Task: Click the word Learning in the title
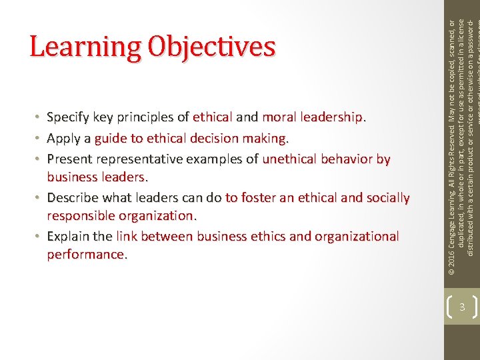[x=85, y=47]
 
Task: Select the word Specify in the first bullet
[x=68, y=118]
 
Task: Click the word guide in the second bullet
[x=111, y=139]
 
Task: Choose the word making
[x=265, y=139]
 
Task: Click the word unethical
[x=294, y=159]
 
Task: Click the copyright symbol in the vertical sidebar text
[x=453, y=253]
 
